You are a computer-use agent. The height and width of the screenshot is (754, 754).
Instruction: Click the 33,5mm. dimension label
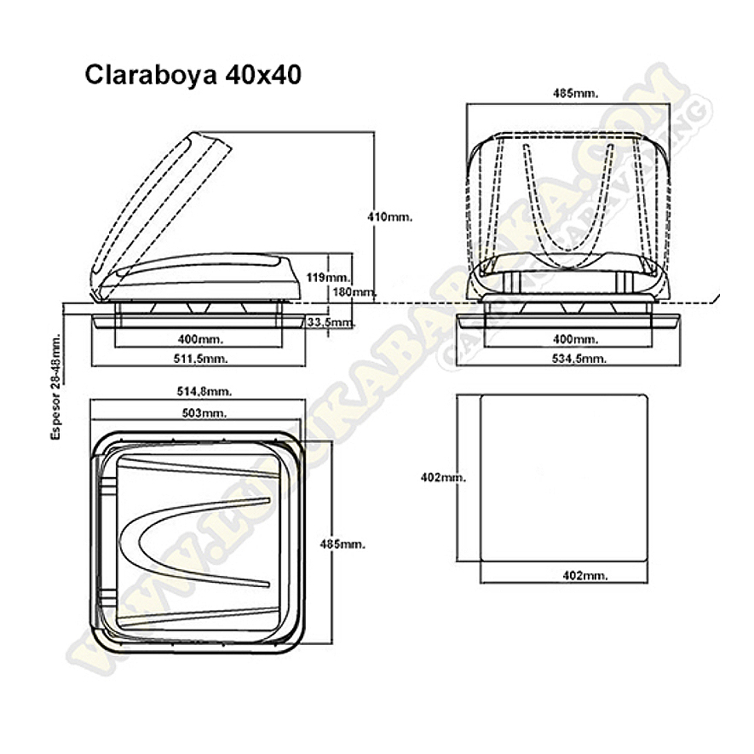(x=331, y=322)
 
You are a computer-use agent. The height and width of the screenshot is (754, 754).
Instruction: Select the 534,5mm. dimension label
(x=577, y=359)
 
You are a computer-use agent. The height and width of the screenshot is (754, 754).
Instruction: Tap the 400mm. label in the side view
(x=198, y=339)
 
